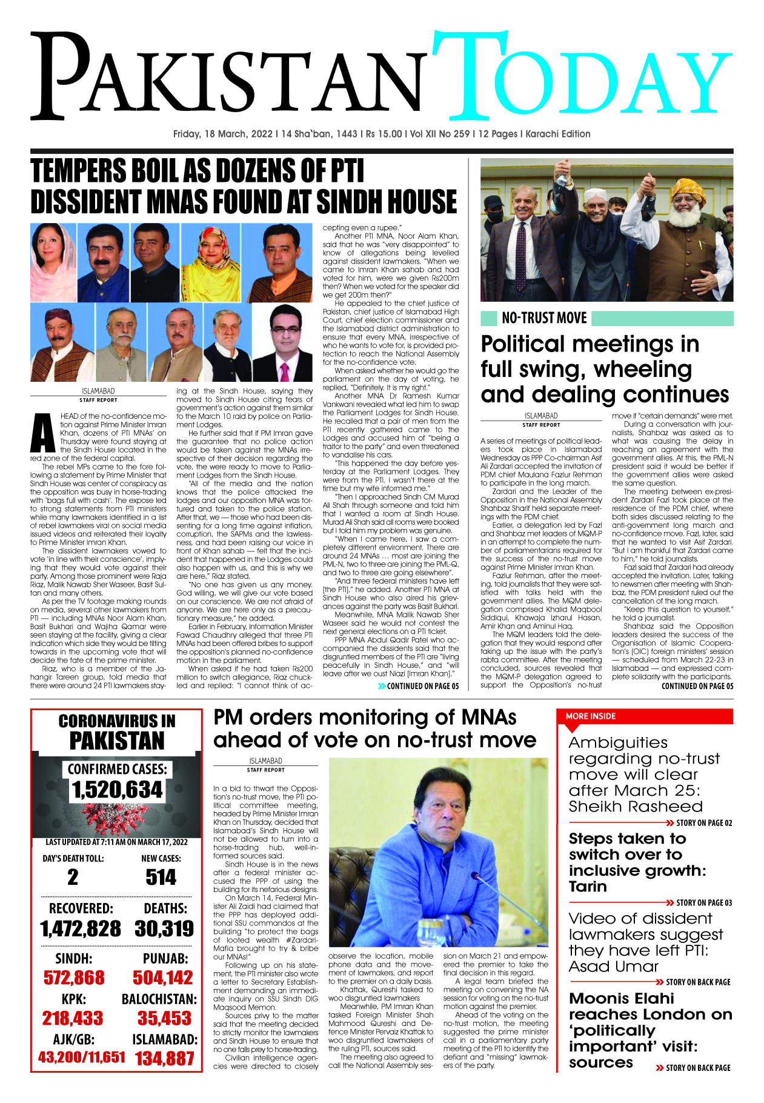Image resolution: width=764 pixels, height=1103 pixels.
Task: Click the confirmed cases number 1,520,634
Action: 117,790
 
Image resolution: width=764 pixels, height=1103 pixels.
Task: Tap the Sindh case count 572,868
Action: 74,978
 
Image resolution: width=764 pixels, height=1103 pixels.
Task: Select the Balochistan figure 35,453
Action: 164,1018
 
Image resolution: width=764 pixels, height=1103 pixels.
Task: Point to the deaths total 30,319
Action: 164,928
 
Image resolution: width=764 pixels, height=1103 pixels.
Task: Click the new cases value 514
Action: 161,877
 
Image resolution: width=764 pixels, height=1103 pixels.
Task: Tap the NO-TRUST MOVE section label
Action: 543,318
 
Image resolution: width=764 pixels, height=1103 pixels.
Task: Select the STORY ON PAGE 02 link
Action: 703,823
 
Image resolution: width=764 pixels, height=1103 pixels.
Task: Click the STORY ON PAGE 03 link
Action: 703,902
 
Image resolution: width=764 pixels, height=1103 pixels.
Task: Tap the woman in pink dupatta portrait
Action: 53,262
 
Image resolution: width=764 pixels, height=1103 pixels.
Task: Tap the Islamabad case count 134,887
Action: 164,1058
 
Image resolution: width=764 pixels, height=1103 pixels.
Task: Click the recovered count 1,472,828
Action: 81,928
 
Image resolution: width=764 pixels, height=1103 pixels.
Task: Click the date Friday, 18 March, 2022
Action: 222,134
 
